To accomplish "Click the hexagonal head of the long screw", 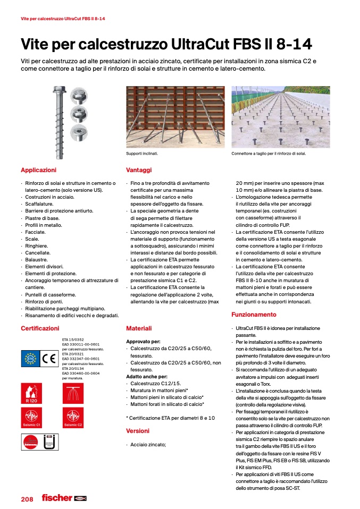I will pos(58,91).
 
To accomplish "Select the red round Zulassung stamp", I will pos(31,441).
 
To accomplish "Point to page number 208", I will pos(27,499).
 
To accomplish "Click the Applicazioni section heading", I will pos(38,170).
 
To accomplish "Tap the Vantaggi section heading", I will pos(139,170).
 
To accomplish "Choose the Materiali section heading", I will pos(139,328).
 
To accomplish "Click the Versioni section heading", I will pos(138,431).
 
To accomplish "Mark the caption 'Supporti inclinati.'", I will pos(142,154).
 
